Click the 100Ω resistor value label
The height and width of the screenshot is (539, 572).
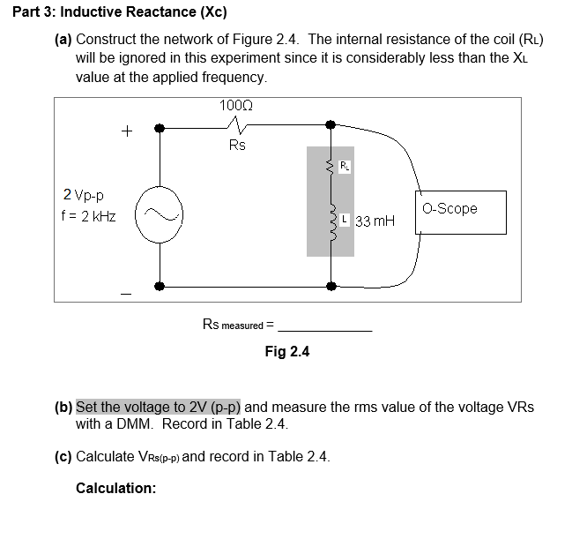click(x=235, y=106)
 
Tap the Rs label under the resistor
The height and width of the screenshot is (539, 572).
click(x=237, y=145)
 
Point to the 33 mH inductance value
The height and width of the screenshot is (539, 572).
click(x=375, y=221)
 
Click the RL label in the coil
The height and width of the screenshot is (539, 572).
click(x=345, y=165)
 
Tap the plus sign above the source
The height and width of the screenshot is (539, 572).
click(x=127, y=132)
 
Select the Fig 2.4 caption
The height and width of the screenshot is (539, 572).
click(x=287, y=352)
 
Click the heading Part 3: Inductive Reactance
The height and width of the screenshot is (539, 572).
click(x=115, y=12)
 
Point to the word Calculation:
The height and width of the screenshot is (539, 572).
click(x=115, y=488)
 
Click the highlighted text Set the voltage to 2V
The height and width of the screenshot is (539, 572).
click(x=159, y=408)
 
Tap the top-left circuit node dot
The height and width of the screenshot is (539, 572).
click(x=159, y=128)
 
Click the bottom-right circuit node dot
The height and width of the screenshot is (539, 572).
click(x=331, y=286)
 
